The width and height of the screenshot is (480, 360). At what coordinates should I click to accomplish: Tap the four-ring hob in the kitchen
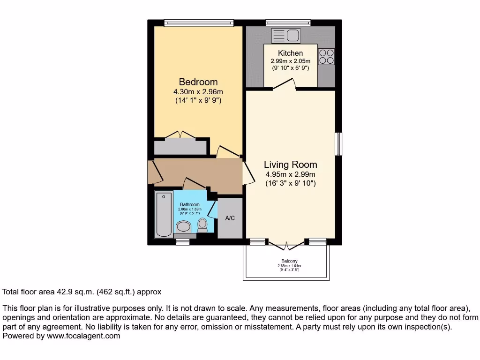click(326, 56)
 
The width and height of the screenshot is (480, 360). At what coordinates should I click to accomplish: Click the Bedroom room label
click(198, 82)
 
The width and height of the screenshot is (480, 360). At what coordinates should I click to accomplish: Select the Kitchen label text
click(290, 53)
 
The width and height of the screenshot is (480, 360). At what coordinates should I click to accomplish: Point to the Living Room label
click(290, 165)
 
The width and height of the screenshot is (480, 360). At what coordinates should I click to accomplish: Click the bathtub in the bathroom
click(164, 214)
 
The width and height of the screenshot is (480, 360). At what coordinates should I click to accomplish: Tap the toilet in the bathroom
click(202, 225)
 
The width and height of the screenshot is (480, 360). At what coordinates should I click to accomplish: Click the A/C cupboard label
click(230, 218)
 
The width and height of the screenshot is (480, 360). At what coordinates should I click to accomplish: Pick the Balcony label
click(289, 261)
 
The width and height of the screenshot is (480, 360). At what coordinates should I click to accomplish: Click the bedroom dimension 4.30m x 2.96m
click(198, 92)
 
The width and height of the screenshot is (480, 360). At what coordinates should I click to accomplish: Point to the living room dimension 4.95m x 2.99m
click(290, 175)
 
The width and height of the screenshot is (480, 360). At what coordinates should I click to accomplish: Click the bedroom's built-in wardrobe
click(180, 147)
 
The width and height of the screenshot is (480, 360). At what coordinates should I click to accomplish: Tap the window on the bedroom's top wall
click(198, 22)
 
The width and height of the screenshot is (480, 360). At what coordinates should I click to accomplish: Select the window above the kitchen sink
click(288, 22)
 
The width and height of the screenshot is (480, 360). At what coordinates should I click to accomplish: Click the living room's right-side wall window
click(338, 144)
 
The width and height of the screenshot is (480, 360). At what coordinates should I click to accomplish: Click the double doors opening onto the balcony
click(285, 243)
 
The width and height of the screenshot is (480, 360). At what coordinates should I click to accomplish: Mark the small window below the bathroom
click(183, 242)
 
